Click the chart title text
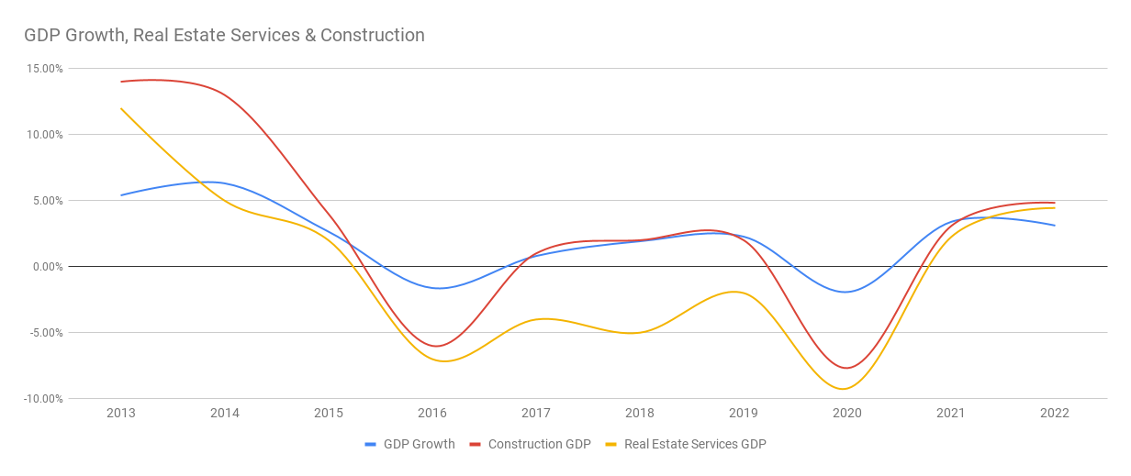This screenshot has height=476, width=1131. point(224,36)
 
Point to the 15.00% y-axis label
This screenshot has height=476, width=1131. point(44,69)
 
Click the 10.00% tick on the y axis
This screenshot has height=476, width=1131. point(44,135)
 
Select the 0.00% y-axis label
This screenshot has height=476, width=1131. point(47,267)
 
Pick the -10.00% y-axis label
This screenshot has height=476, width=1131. point(42,399)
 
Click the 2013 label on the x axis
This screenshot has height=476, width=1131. point(121,414)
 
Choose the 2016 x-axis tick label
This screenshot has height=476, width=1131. point(432,414)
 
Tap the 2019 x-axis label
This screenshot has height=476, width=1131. point(744,414)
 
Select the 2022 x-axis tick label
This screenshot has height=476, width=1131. point(1055,414)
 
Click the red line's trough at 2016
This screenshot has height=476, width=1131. point(437,346)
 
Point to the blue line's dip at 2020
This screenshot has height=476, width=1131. point(846,292)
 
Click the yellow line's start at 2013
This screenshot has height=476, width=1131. point(121,108)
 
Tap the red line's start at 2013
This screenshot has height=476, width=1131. point(121,82)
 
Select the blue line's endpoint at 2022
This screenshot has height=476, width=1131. point(1055,226)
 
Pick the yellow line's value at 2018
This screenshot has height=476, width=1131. point(640,332)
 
